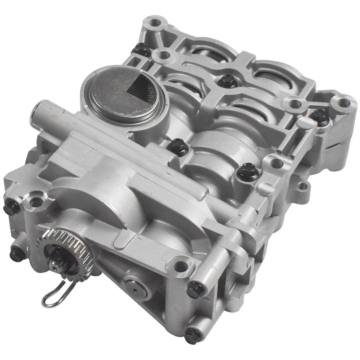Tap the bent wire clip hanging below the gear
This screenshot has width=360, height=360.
pyautogui.click(x=56, y=292)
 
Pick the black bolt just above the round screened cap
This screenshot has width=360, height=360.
pyautogui.click(x=142, y=48)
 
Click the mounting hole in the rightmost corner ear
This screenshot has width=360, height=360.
pyautogui.click(x=344, y=103)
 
